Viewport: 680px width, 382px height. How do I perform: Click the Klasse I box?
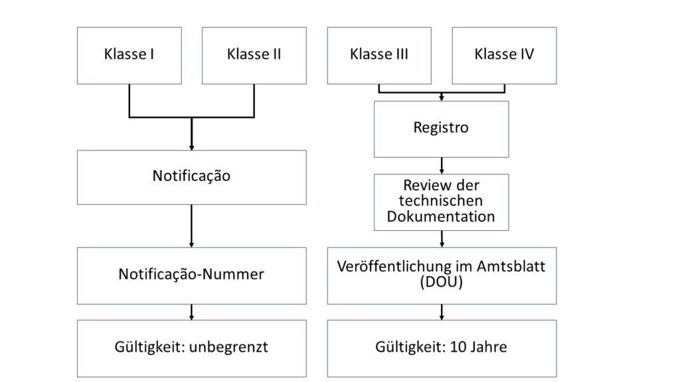[129, 56]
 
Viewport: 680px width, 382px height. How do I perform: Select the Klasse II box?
[254, 56]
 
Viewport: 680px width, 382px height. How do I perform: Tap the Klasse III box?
[379, 56]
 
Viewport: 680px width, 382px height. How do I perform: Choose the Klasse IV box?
[505, 56]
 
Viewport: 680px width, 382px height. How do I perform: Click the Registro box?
[442, 129]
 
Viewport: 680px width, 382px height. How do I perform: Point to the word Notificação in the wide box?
[191, 176]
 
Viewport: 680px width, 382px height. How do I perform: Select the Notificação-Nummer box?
[192, 276]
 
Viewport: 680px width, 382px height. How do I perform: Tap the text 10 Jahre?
[478, 347]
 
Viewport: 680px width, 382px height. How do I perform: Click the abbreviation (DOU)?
[442, 282]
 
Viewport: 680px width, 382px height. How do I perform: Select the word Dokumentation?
[441, 216]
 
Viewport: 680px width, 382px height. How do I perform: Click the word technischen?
[441, 200]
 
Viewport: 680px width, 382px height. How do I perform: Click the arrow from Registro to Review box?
[442, 166]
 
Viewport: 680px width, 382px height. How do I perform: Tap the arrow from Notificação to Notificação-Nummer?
[192, 226]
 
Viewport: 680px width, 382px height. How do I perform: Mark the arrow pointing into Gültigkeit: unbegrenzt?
[192, 312]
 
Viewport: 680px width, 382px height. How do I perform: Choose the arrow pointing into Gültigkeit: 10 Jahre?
[442, 312]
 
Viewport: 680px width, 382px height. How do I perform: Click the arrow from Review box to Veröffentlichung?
[442, 239]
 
